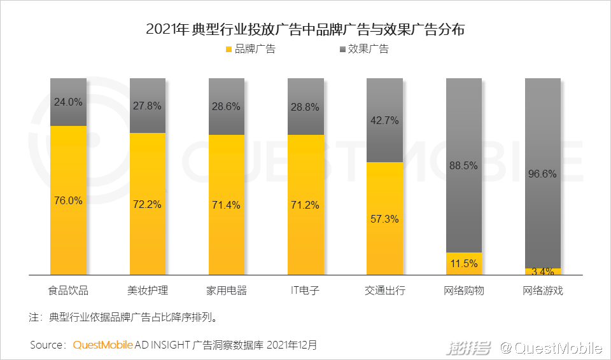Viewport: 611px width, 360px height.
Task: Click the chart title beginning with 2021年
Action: (x=305, y=29)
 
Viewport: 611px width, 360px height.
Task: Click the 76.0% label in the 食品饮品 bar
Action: (x=68, y=200)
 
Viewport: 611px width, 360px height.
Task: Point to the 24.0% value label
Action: (x=68, y=102)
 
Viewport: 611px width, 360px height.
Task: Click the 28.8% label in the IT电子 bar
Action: (x=305, y=107)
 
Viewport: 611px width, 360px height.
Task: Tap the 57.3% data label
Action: (x=384, y=219)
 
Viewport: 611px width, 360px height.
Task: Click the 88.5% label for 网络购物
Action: (x=463, y=165)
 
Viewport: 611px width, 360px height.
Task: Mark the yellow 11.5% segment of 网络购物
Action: (x=463, y=263)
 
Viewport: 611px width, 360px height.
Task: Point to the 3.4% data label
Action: (x=542, y=272)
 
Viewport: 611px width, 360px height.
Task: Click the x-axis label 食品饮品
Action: (x=68, y=291)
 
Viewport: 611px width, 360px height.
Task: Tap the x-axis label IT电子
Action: (x=305, y=291)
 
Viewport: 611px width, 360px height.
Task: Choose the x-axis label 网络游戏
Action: (x=542, y=291)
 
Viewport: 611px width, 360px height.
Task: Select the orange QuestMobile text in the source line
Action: (x=102, y=345)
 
